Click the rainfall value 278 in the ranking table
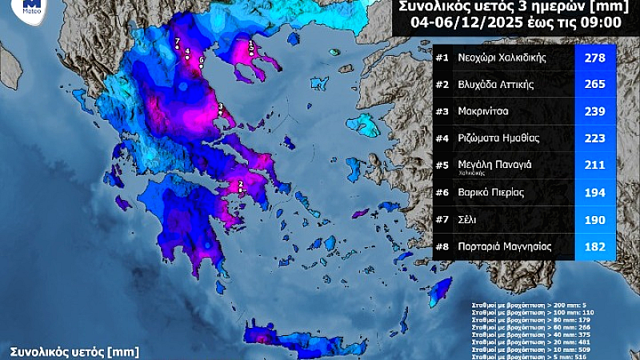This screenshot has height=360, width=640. click(x=595, y=58)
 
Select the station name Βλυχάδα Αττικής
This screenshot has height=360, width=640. click(x=495, y=84)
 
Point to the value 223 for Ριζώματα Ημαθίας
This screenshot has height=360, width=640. click(x=595, y=138)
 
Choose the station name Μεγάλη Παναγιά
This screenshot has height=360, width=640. click(x=490, y=164)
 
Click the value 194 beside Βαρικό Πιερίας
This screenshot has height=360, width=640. click(x=595, y=193)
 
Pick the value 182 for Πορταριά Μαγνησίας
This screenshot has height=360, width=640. click(x=595, y=246)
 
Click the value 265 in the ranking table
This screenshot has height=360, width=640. click(x=595, y=84)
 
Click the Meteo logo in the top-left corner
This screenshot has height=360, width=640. click(x=32, y=7)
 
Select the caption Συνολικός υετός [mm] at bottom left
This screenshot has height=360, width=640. click(x=74, y=351)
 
